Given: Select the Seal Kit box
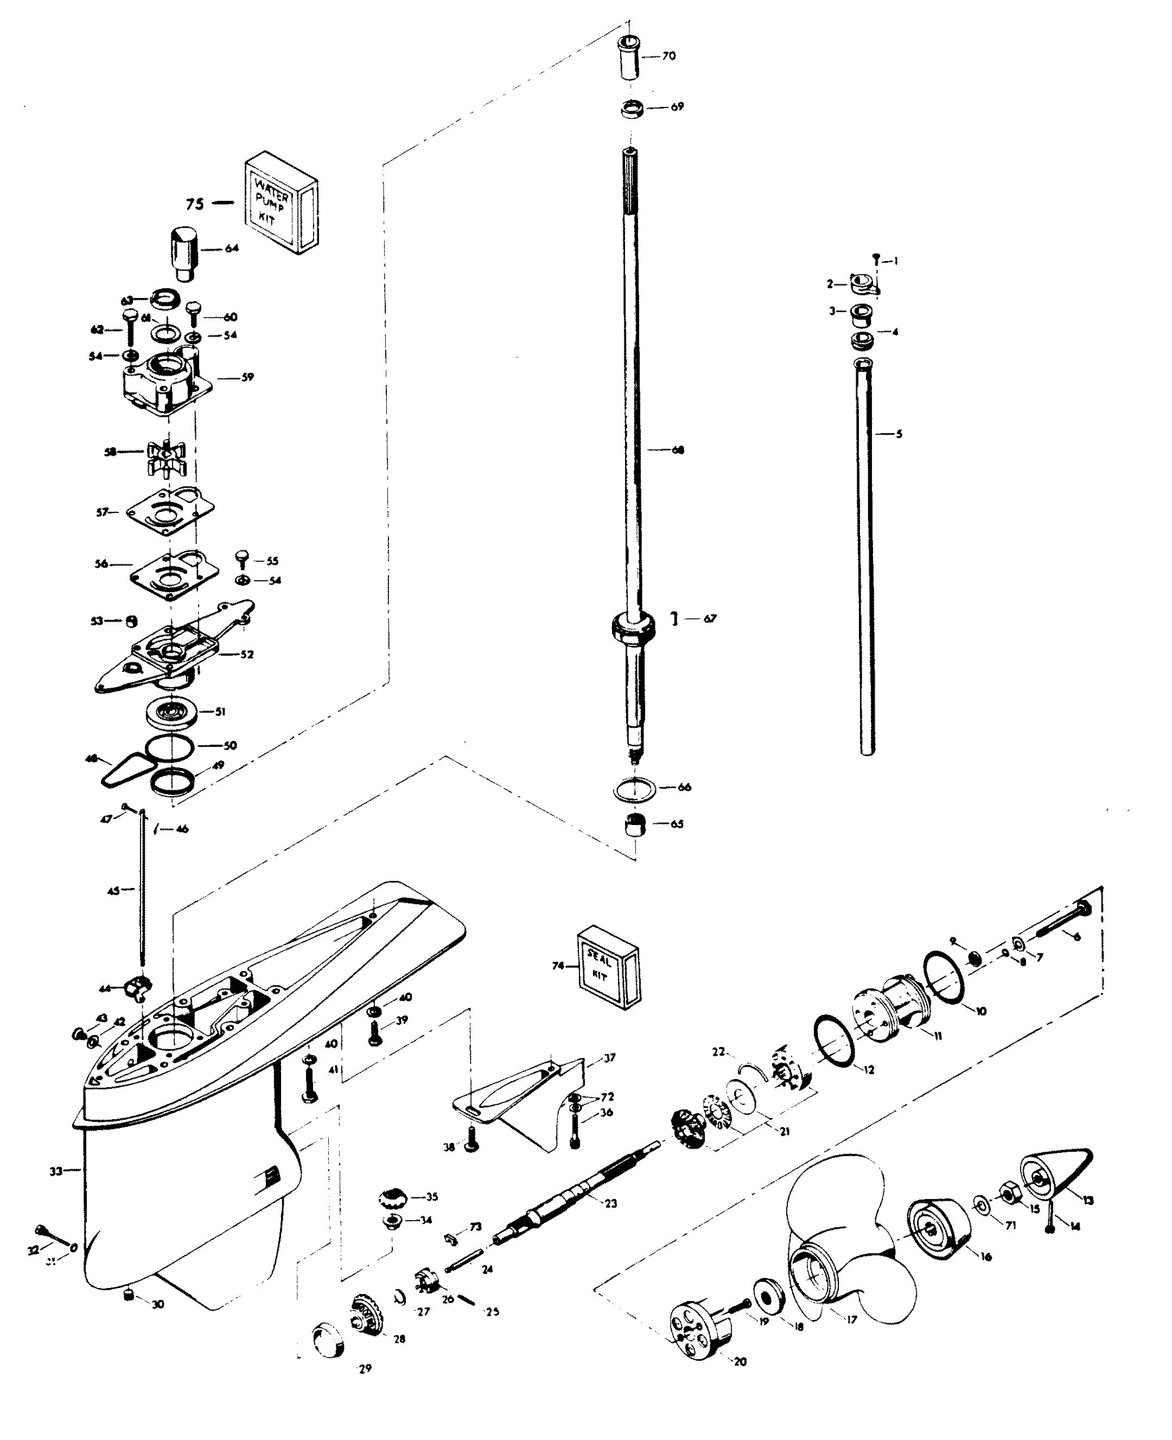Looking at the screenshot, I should click(608, 967).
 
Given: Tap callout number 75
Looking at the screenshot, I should click(194, 204).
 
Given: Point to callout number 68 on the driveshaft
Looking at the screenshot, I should click(677, 450).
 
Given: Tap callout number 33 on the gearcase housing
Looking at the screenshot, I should click(56, 1171).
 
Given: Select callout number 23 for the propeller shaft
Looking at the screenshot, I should click(611, 1203).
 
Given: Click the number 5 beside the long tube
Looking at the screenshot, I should click(899, 434).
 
